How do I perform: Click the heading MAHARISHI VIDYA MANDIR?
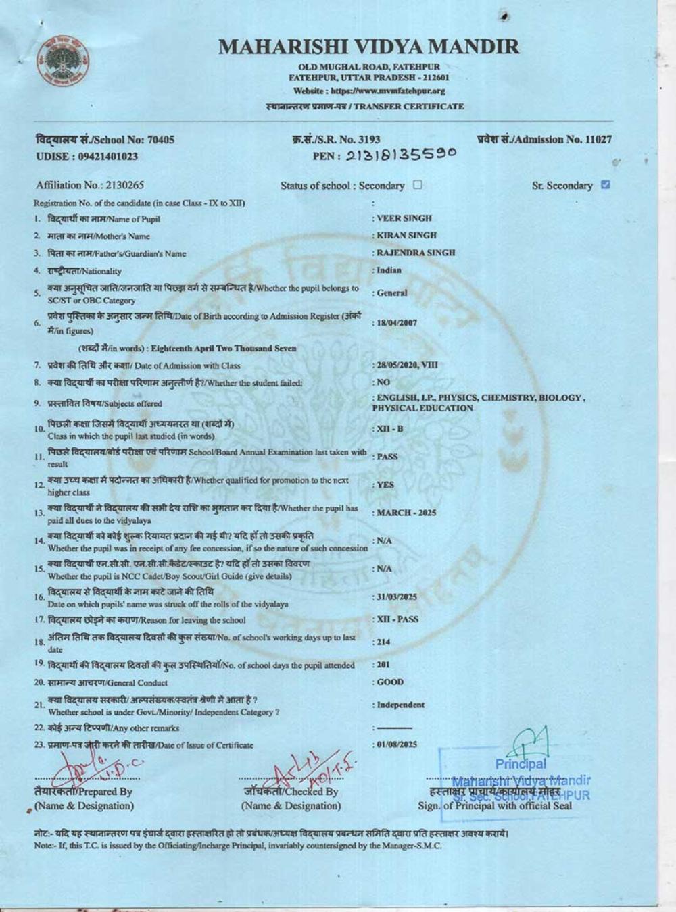369,47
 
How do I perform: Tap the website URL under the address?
369,91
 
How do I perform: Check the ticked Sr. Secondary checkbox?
606,184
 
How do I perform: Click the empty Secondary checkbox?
417,184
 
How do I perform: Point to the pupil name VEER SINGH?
404,218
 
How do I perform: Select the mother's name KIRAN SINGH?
406,235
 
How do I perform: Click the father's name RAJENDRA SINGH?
416,253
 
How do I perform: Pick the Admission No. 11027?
598,139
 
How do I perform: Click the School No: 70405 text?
105,140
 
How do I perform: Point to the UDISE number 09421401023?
87,157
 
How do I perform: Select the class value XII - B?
390,429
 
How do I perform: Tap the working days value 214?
383,642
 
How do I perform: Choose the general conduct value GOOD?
390,682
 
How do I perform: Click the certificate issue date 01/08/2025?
397,744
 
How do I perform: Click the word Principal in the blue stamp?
521,764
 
